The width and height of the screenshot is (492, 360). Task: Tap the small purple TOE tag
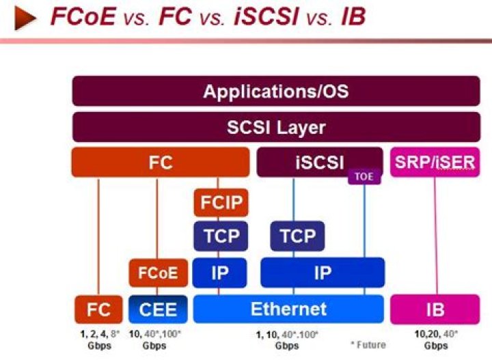[364, 177]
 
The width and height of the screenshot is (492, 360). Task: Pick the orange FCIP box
[220, 203]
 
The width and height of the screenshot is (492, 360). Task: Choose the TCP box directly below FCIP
[220, 237]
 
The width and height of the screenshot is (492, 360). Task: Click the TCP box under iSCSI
[297, 237]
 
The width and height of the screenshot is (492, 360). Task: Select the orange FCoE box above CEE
[158, 273]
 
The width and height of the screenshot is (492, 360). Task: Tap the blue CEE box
[158, 309]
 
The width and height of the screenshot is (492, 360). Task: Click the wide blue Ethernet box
[288, 309]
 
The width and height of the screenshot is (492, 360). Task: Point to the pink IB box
[435, 309]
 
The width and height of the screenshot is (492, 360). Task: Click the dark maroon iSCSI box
[319, 163]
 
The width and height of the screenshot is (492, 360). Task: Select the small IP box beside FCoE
[220, 273]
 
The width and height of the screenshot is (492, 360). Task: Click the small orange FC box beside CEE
[98, 309]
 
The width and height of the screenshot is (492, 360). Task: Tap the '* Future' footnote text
[368, 346]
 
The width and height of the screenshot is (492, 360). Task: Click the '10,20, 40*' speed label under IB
[435, 334]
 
